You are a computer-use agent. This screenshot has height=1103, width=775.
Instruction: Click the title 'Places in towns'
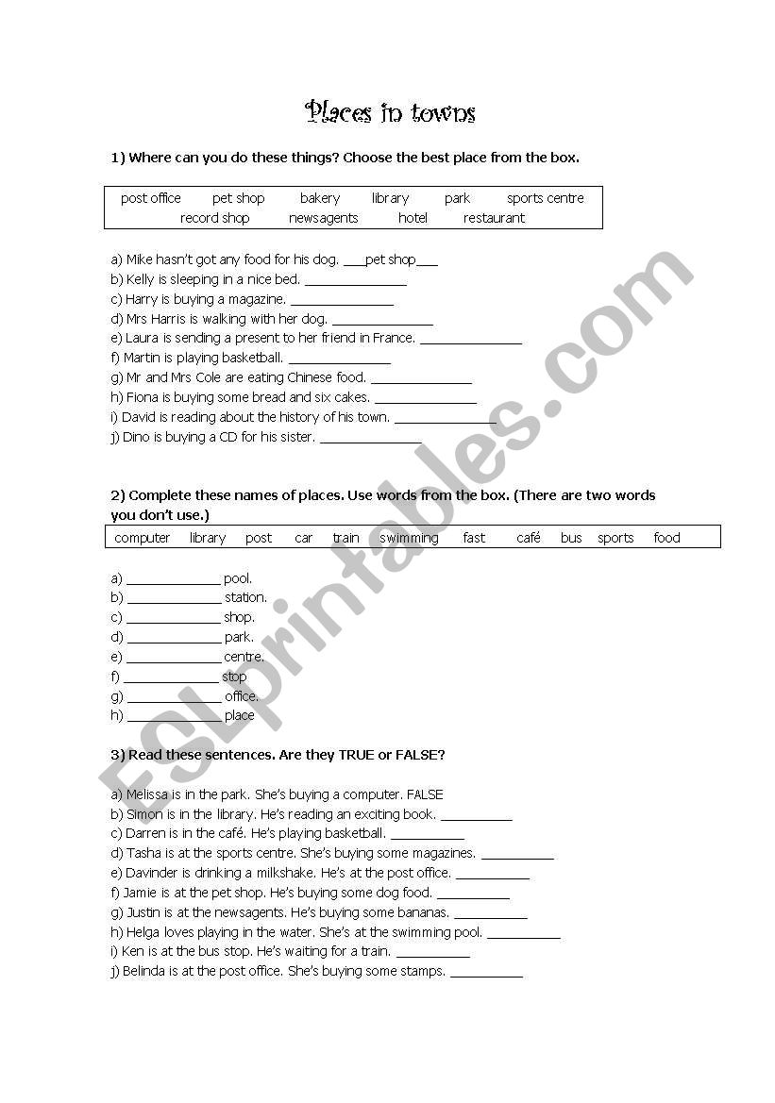click(x=390, y=113)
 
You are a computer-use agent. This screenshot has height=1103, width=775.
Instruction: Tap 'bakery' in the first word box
click(x=320, y=198)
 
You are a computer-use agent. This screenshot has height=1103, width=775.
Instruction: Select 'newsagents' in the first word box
click(x=323, y=218)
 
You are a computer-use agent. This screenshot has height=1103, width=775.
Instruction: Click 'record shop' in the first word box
click(x=214, y=218)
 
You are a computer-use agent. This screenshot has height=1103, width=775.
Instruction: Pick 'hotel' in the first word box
click(x=413, y=218)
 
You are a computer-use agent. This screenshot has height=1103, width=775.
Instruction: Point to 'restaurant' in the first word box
click(x=494, y=218)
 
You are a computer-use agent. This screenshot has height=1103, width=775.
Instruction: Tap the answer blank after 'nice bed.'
click(x=356, y=281)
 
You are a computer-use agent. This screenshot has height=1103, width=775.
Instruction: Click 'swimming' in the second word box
click(x=409, y=538)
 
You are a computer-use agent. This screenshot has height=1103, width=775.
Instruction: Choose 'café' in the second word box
click(x=529, y=538)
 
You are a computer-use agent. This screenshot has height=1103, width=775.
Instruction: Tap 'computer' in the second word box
click(x=142, y=538)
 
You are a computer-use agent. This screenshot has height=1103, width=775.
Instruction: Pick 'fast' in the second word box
click(x=474, y=538)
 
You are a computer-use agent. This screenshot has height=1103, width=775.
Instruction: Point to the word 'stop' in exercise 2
click(x=234, y=677)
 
